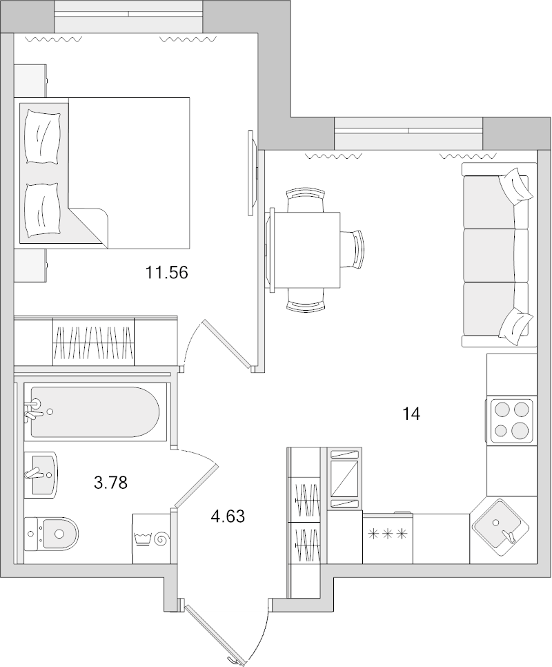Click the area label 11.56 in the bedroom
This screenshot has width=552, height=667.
click(x=166, y=273)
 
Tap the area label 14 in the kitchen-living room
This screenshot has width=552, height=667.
click(x=411, y=414)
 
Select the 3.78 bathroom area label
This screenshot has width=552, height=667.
click(x=110, y=482)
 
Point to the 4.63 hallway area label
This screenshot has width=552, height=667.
click(x=228, y=516)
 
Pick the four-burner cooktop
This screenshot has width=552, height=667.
click(x=511, y=421)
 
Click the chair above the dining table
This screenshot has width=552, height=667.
click(x=306, y=200)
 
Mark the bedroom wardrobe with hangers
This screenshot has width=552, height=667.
click(x=94, y=342)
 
